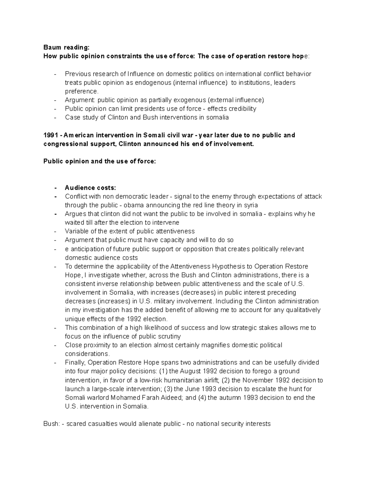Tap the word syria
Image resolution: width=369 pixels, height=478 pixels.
click(249, 205)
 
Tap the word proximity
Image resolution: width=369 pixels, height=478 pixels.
click(95, 345)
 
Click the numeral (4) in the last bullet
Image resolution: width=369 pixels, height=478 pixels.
click(202, 397)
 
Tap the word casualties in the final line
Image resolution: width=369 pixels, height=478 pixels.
click(103, 424)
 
